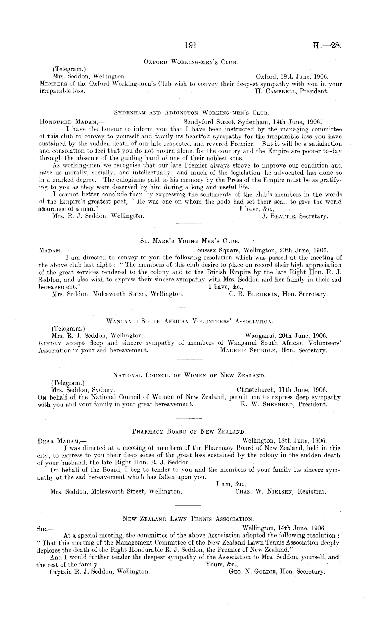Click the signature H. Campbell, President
[291, 92]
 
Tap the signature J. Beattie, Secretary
[295, 216]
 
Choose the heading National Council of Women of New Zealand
[190, 375]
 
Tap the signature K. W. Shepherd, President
[283, 404]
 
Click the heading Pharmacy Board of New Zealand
[189, 432]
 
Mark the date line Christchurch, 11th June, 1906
[282, 390]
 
